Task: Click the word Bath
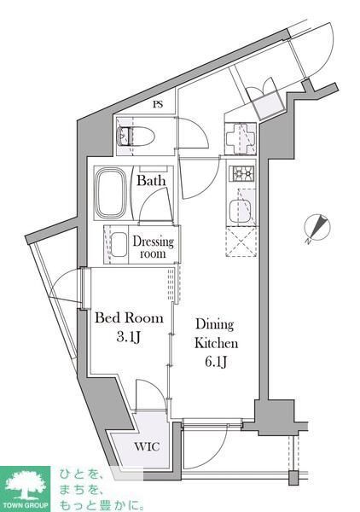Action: [x=152, y=182]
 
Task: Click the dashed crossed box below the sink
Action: [x=241, y=243]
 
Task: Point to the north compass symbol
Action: [x=316, y=228]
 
